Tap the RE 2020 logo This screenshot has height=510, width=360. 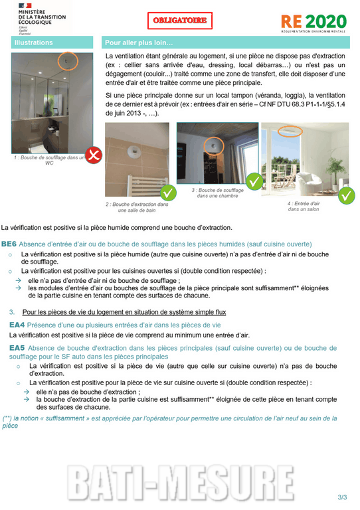(x=313, y=23)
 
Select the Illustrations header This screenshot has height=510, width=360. (x=33, y=43)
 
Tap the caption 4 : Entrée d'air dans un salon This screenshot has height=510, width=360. (x=304, y=206)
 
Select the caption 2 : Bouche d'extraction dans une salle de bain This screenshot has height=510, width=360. (x=137, y=207)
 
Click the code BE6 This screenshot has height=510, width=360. (x=9, y=244)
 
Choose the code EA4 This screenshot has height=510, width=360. (x=17, y=325)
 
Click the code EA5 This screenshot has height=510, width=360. (x=17, y=347)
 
